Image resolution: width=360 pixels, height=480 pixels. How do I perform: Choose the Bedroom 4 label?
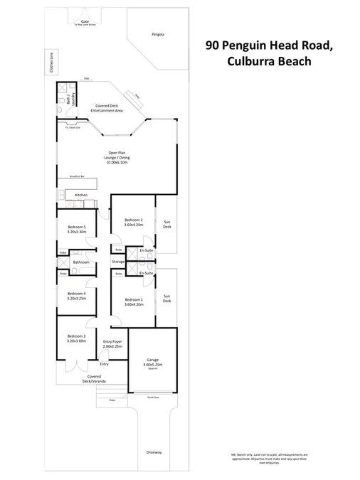pyautogui.click(x=76, y=293)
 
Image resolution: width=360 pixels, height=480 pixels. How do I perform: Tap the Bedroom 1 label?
pyautogui.click(x=133, y=299)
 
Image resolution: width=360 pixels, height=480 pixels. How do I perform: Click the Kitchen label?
pyautogui.click(x=81, y=195)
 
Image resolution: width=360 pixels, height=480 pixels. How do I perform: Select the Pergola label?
pyautogui.click(x=158, y=34)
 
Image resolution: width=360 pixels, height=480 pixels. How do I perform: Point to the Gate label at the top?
pyautogui.click(x=85, y=21)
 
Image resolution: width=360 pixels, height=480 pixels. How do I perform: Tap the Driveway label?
pyautogui.click(x=154, y=452)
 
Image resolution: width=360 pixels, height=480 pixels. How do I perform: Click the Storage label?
pyautogui.click(x=118, y=262)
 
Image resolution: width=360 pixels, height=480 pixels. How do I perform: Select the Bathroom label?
pyautogui.click(x=80, y=262)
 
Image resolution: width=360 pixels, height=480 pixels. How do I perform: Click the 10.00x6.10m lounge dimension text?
pyautogui.click(x=117, y=163)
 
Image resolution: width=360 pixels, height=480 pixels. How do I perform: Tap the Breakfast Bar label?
pyautogui.click(x=77, y=176)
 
